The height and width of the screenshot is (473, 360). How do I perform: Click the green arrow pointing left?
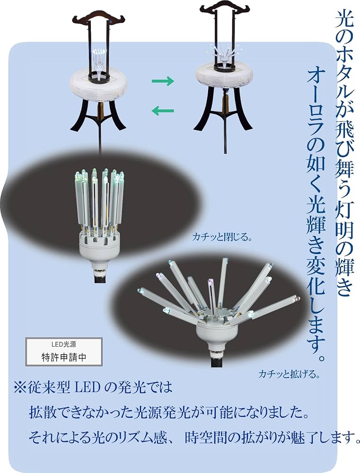(x=163, y=111)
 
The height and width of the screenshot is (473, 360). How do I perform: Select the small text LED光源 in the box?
(x=63, y=344)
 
